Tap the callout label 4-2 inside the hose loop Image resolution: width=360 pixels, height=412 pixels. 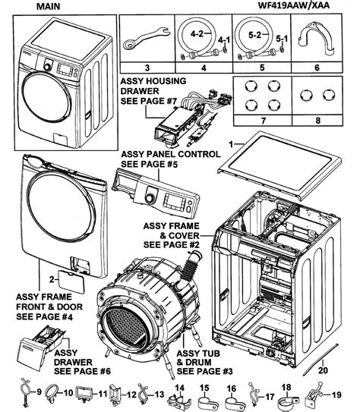tap(196, 34)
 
